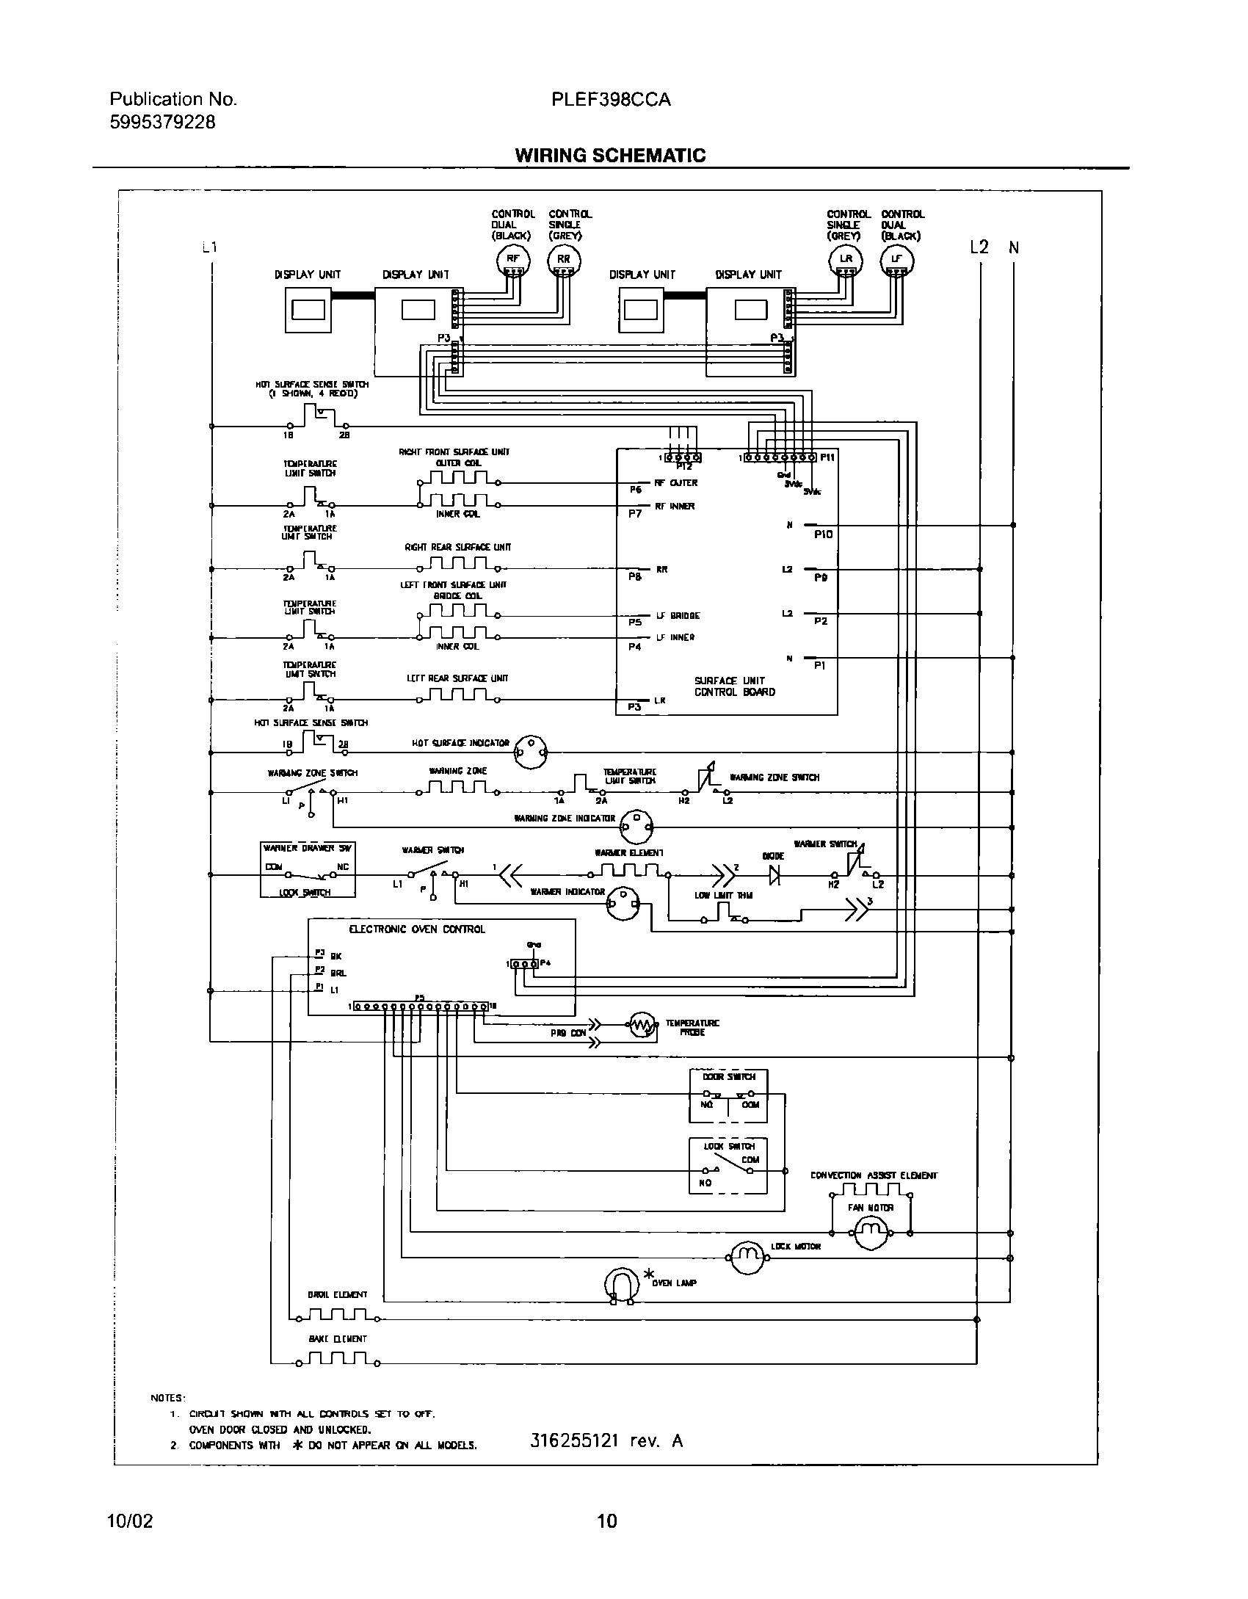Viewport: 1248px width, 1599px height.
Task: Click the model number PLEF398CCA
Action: [x=611, y=100]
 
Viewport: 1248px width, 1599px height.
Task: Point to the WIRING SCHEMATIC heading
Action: [x=610, y=156]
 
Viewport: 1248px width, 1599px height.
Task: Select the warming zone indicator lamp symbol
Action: [x=636, y=827]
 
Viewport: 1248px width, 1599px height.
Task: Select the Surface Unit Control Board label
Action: [x=734, y=686]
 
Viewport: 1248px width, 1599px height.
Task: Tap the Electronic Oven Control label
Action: [x=417, y=929]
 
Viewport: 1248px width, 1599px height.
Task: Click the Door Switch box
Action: [x=728, y=1095]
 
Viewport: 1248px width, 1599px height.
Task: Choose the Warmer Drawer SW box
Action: [x=308, y=869]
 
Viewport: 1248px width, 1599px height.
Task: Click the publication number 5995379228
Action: [x=163, y=123]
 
